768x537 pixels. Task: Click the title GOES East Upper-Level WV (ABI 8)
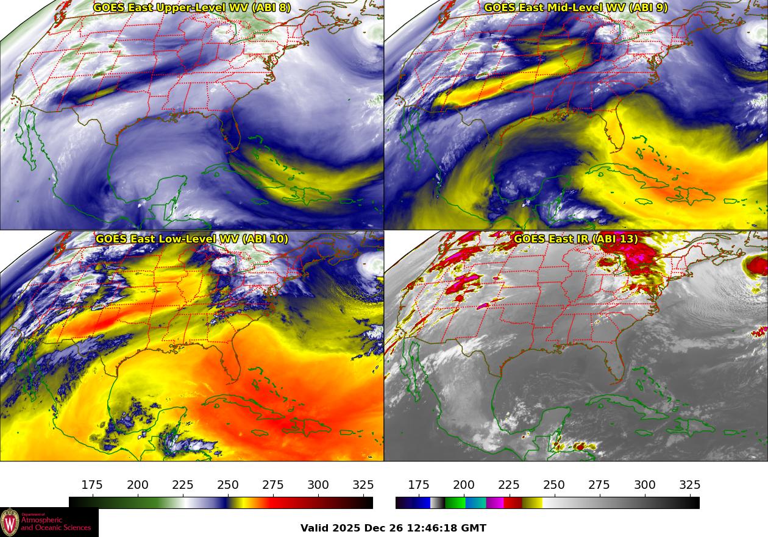pos(191,8)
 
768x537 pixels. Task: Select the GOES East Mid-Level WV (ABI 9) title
pos(575,8)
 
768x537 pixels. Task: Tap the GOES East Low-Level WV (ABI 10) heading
pos(191,239)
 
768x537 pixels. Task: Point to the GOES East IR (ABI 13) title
pos(575,239)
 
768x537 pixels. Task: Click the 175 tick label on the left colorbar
pos(92,485)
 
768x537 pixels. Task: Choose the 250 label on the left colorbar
pos(228,485)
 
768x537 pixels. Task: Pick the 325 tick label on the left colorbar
pos(363,485)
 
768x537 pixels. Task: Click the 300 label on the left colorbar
pos(318,485)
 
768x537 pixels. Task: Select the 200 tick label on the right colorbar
pos(464,485)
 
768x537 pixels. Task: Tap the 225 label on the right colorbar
pos(509,485)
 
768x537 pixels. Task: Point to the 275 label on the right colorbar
pos(599,485)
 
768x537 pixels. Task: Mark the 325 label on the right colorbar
pos(689,485)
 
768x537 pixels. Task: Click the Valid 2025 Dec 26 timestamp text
pos(393,528)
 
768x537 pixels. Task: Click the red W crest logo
pos(10,522)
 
